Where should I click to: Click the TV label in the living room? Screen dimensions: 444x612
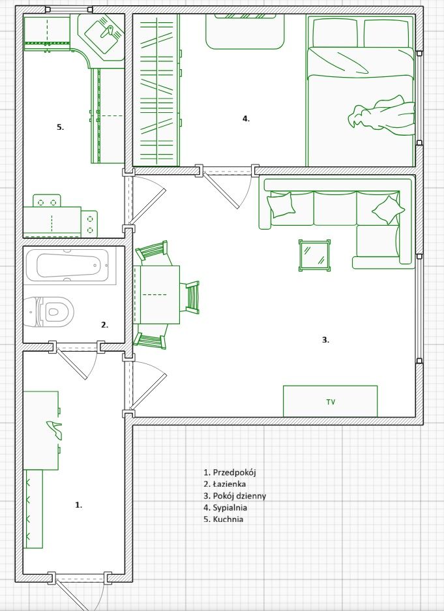(x=331, y=402)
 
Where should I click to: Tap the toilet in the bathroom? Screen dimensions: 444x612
(x=48, y=312)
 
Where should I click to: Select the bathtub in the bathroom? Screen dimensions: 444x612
(x=67, y=266)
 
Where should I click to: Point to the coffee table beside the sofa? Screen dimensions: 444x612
(x=315, y=255)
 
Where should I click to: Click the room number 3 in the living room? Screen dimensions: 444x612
(x=326, y=340)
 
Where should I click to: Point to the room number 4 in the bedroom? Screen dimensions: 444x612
(x=246, y=119)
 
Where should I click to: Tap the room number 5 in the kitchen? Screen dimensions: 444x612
(x=60, y=127)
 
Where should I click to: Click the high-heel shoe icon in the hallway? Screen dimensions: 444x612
(x=54, y=429)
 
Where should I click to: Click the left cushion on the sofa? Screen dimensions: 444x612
(x=281, y=204)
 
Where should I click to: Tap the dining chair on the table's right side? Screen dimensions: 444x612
(x=191, y=298)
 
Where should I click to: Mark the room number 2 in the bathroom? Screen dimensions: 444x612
(x=104, y=325)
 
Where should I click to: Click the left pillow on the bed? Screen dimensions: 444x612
(x=334, y=33)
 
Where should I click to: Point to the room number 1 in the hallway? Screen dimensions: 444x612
(x=78, y=505)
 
